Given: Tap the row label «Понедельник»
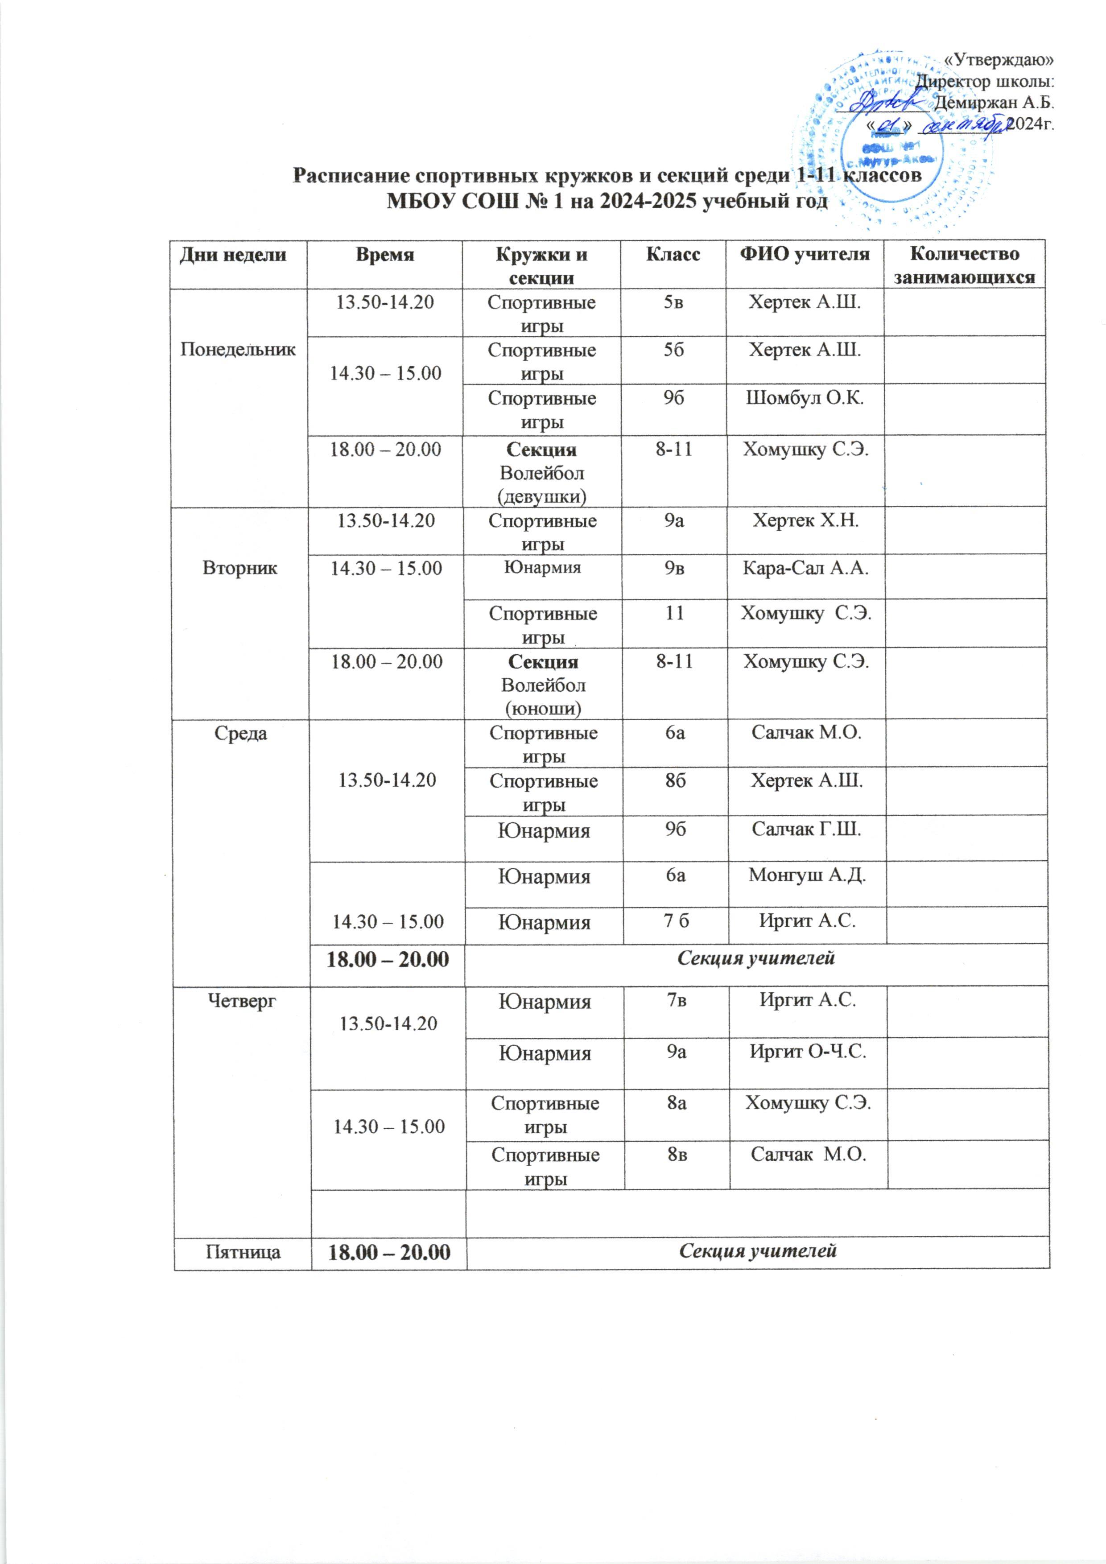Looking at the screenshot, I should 238,350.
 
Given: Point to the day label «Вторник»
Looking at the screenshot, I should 240,568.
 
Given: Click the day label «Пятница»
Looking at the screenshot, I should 243,1251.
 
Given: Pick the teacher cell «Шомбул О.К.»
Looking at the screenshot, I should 805,399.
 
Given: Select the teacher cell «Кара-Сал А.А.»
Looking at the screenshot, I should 806,568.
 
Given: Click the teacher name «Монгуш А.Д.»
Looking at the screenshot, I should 807,875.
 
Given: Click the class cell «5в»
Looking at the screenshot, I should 673,302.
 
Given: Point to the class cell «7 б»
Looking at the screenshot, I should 676,922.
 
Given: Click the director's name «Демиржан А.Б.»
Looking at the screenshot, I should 994,103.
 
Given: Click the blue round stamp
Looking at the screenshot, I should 885,129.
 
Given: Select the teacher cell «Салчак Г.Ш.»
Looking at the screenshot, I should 806,829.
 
